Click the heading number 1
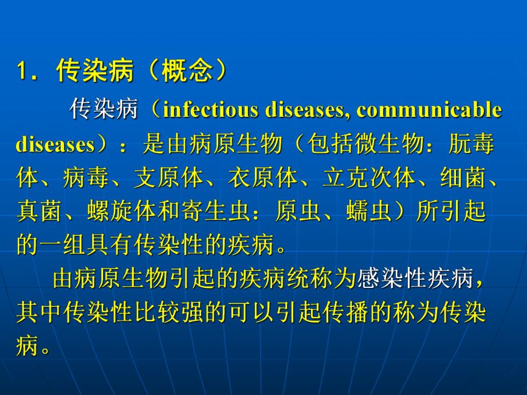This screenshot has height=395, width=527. [x=22, y=73]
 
